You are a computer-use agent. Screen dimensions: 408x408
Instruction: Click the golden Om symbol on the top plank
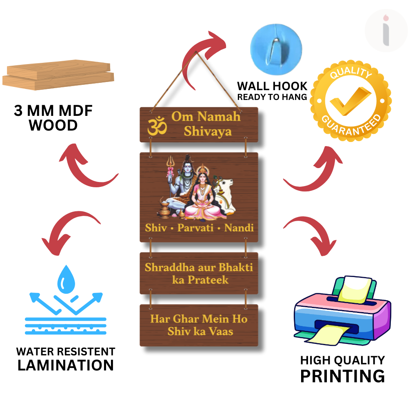pyautogui.click(x=157, y=126)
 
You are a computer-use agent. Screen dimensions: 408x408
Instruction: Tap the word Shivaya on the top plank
pyautogui.click(x=207, y=131)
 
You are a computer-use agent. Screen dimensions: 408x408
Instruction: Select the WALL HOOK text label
pyautogui.click(x=272, y=86)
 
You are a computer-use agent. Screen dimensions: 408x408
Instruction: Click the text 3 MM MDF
pyautogui.click(x=53, y=111)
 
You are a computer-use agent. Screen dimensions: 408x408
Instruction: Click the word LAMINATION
pyautogui.click(x=65, y=365)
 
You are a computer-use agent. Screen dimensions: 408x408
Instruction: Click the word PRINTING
pyautogui.click(x=342, y=376)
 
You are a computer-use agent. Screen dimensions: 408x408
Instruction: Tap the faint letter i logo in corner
pyautogui.click(x=386, y=31)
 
